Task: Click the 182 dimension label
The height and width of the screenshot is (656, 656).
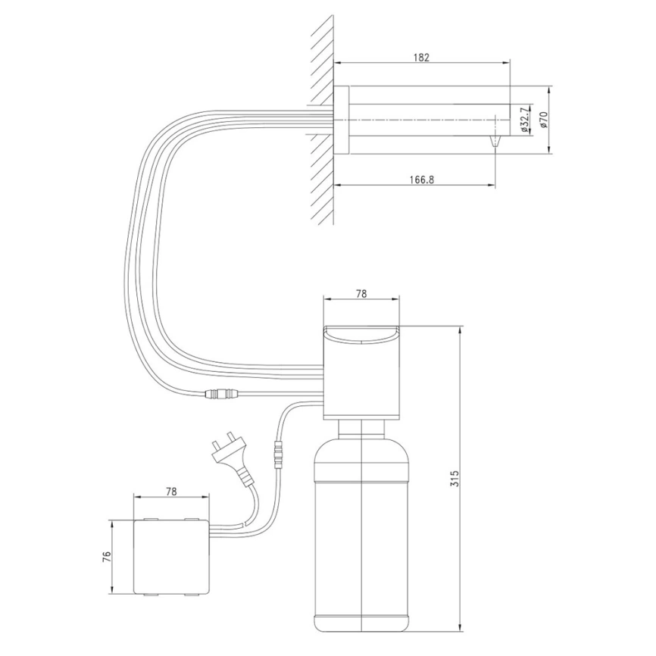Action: (x=421, y=58)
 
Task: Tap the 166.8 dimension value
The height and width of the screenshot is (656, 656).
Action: (x=422, y=180)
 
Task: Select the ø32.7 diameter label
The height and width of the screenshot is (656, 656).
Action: (x=525, y=120)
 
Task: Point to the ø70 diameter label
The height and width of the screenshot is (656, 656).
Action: (x=543, y=120)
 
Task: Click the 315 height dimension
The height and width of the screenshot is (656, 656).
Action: (x=455, y=478)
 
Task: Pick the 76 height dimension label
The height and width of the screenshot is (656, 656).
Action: (x=107, y=556)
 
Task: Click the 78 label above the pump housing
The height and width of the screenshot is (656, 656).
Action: (x=361, y=294)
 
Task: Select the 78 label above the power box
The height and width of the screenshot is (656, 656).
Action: (x=171, y=491)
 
